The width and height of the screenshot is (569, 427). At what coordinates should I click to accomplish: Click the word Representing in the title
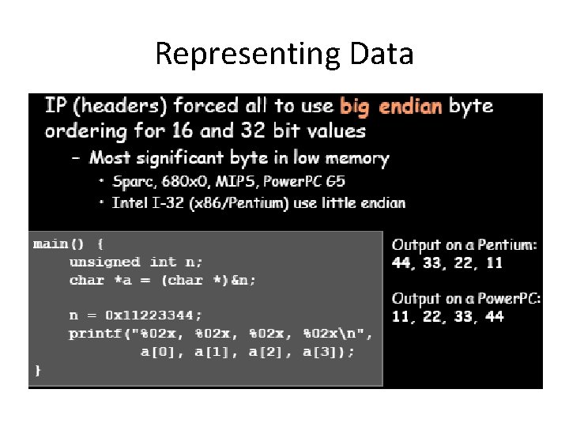click(246, 55)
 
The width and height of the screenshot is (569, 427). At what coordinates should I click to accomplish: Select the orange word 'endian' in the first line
click(411, 105)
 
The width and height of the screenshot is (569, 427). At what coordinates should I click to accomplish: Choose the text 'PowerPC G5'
click(303, 181)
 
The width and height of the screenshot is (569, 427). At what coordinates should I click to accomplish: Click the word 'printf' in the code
click(95, 333)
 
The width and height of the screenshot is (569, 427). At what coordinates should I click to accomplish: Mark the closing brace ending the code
click(37, 369)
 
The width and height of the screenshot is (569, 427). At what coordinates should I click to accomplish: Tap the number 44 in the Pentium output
click(402, 263)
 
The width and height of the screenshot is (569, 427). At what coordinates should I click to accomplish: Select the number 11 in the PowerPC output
click(402, 316)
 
